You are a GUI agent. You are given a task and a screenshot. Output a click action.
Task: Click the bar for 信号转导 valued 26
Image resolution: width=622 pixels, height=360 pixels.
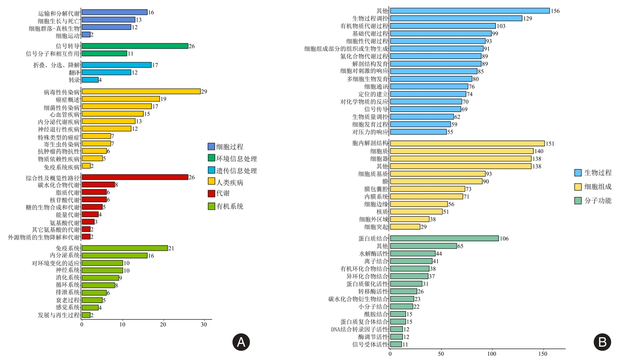click(x=135, y=46)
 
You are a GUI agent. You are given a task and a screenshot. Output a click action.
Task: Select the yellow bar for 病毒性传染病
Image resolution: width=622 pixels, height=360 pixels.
click(x=141, y=91)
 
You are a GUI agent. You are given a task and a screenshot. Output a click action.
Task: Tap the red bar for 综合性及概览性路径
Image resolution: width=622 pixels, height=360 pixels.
click(x=135, y=177)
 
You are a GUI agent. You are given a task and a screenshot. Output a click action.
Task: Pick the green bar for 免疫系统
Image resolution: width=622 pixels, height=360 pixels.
click(x=125, y=248)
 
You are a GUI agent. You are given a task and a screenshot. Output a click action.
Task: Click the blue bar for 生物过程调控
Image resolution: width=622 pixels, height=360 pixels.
click(x=456, y=18)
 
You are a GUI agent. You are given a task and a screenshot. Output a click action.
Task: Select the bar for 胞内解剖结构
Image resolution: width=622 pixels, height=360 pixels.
click(x=467, y=143)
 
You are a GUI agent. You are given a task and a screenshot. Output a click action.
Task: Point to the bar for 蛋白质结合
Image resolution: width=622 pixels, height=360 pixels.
click(x=444, y=238)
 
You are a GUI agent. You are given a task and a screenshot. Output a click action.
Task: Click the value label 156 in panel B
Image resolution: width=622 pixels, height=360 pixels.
click(x=555, y=11)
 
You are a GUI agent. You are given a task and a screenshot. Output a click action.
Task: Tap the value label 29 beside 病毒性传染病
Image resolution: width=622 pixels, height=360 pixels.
click(x=204, y=92)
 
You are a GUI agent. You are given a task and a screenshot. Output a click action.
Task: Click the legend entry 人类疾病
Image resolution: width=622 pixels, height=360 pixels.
click(x=230, y=182)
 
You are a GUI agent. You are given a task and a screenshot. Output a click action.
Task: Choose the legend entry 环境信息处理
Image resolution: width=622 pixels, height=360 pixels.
click(x=236, y=159)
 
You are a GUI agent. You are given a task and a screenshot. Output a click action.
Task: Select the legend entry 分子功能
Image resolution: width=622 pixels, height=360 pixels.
click(x=598, y=201)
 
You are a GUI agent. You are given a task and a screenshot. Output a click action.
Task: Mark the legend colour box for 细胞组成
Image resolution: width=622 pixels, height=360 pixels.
click(x=578, y=187)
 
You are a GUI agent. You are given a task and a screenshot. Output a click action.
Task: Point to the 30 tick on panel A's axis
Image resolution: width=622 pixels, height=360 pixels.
click(x=204, y=325)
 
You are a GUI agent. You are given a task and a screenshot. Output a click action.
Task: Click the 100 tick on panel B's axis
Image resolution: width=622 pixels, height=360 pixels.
click(x=492, y=354)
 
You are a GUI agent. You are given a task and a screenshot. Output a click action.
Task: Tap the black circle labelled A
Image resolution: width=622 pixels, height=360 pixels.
click(x=241, y=342)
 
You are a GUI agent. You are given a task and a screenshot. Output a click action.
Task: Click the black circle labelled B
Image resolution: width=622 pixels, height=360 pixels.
click(x=602, y=342)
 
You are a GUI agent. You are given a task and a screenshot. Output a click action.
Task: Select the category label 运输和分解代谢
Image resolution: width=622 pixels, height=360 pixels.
click(x=59, y=13)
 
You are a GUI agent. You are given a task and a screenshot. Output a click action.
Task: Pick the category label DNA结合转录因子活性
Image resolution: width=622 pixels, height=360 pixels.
click(x=360, y=329)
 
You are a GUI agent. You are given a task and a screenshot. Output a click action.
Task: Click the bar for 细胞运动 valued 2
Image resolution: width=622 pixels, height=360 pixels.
click(x=86, y=34)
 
